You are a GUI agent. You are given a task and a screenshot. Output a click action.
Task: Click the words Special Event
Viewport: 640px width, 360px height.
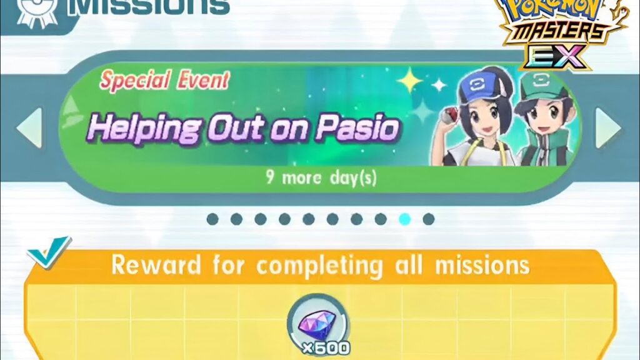[x=165, y=81]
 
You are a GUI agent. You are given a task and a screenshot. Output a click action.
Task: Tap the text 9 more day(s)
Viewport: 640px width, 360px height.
[x=321, y=177]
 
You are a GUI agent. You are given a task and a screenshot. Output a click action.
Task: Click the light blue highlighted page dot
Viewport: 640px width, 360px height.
[x=404, y=219]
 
